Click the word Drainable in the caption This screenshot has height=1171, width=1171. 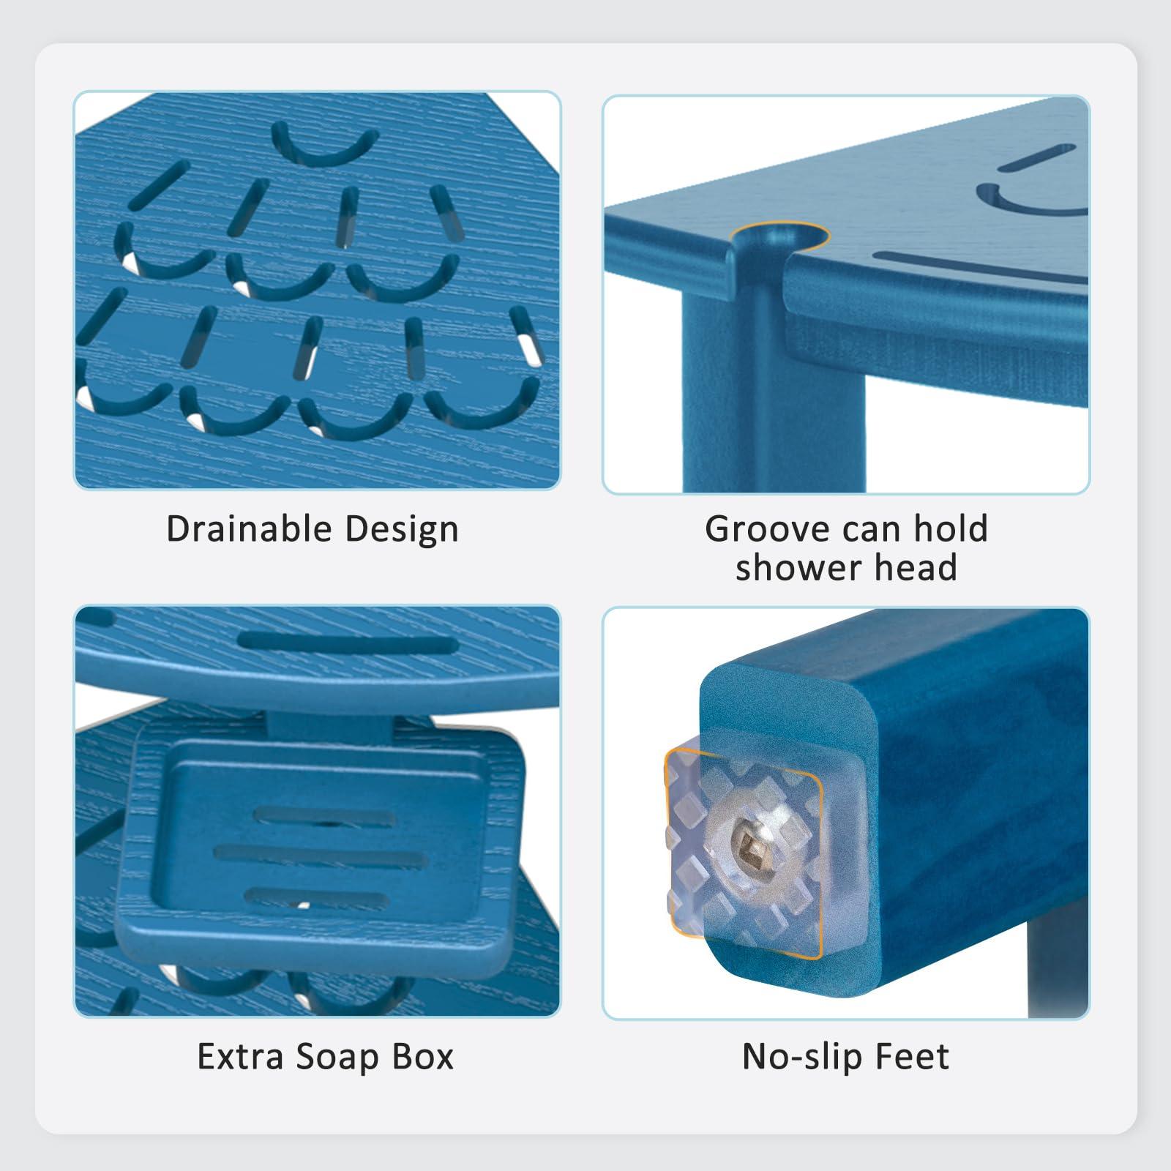coord(249,528)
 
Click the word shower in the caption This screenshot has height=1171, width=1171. coord(795,568)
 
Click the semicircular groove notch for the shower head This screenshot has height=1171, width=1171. coord(776,238)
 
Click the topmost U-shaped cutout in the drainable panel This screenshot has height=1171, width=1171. coord(323,146)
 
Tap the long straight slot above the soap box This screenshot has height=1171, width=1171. coord(348,643)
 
